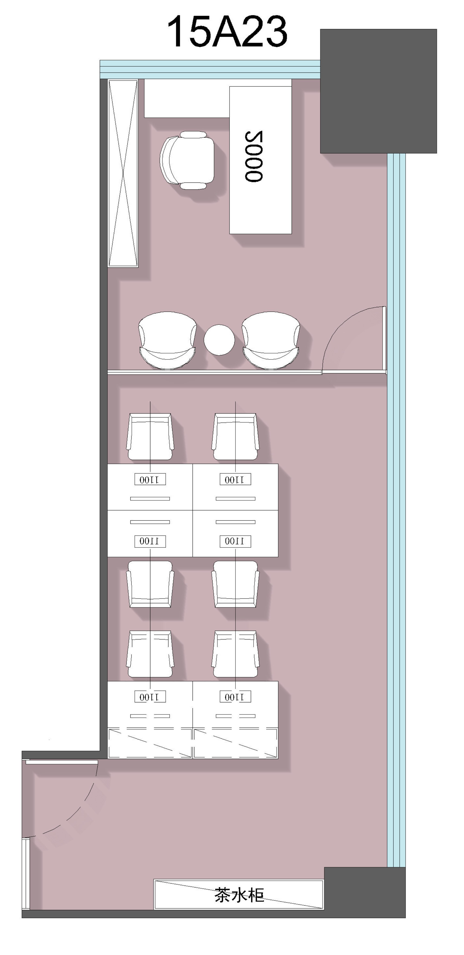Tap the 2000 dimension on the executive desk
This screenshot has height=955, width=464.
254,156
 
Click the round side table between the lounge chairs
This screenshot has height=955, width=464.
219,340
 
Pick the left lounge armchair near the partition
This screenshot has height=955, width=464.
167,340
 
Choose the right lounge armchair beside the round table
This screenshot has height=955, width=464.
271,340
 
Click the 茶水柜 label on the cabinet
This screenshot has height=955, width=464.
239,895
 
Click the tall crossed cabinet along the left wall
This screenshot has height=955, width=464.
123,173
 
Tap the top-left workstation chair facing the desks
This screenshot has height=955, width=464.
150,437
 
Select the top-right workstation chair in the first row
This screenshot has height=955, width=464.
235,437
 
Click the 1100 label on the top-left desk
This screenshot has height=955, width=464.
150,479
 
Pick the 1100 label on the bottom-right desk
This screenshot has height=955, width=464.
235,697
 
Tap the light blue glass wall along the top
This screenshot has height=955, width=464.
210,69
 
